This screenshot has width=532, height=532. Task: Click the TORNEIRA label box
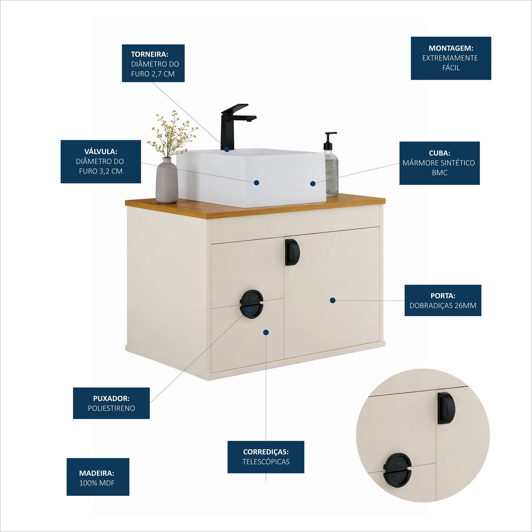(153, 63)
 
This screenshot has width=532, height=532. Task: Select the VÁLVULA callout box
(101, 162)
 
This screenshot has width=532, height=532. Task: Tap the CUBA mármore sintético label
(440, 163)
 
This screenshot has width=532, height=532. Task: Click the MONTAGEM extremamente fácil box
(451, 58)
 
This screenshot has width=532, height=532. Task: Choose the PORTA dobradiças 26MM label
(443, 300)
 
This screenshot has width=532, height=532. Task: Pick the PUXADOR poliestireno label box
(111, 404)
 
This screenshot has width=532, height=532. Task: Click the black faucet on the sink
(234, 127)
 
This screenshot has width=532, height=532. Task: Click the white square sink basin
(251, 178)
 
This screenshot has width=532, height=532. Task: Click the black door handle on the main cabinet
(292, 252)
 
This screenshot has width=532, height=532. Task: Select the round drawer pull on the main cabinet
(252, 304)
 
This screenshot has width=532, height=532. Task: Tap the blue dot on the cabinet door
(333, 300)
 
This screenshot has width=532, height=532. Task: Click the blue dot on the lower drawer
(266, 332)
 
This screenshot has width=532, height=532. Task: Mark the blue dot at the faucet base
(227, 149)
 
